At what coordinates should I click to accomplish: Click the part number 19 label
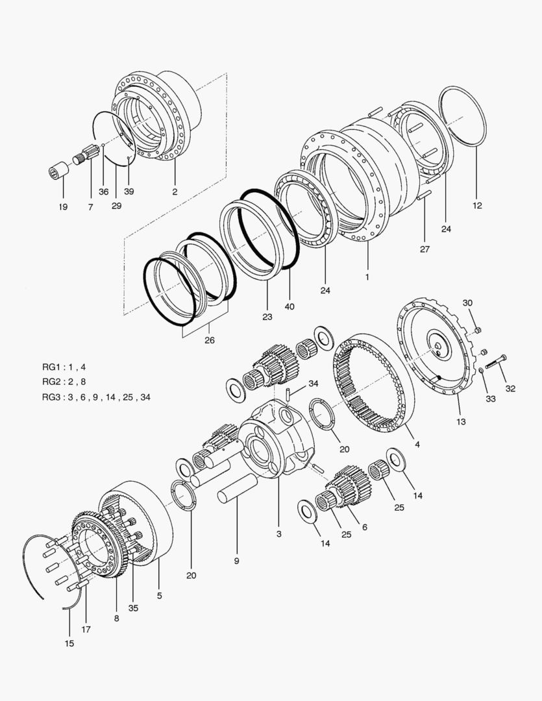point(63,207)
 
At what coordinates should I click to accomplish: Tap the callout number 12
point(477,206)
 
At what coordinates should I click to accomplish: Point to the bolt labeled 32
point(495,362)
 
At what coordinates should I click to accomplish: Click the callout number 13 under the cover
point(461,421)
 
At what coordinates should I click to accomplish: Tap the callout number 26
point(209,339)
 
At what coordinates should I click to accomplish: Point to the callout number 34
point(313,383)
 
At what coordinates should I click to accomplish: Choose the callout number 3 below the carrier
point(278,534)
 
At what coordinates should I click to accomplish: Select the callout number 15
point(69,643)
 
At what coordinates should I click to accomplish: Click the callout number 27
point(424,248)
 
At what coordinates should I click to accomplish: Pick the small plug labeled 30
point(476,331)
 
